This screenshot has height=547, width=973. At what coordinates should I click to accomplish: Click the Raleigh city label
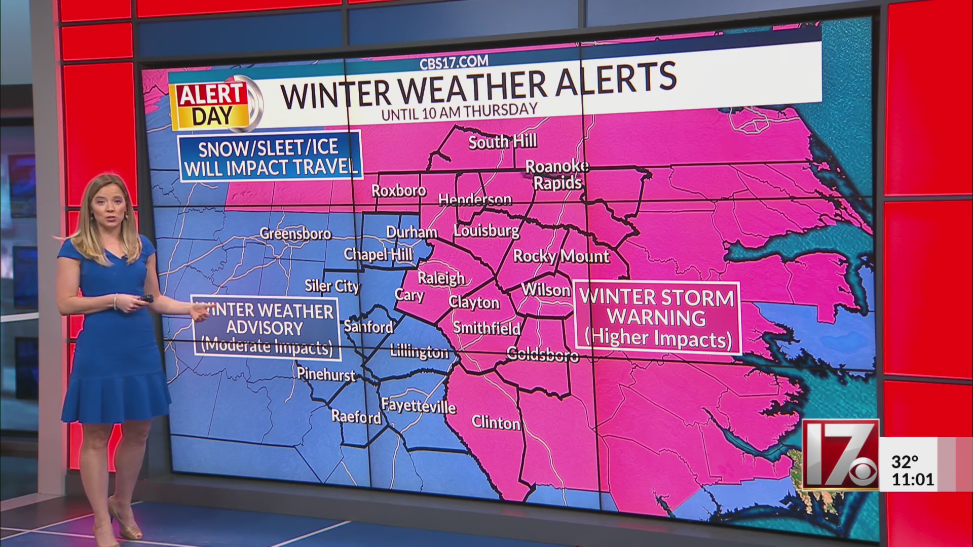(x=441, y=278)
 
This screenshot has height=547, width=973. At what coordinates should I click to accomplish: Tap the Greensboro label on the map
(x=295, y=233)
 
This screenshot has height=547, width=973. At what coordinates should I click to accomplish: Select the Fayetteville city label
(x=419, y=406)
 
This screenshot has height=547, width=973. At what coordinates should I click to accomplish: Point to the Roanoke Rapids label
(x=557, y=175)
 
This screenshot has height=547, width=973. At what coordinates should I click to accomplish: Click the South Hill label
(x=502, y=142)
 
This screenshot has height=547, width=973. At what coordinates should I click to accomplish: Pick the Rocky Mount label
(x=561, y=256)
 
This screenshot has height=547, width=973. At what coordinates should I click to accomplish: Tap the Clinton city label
(x=496, y=422)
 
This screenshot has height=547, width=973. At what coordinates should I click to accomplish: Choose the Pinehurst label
(x=326, y=374)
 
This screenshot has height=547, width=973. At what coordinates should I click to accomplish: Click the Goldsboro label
(x=543, y=354)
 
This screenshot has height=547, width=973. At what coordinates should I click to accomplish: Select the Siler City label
(x=332, y=286)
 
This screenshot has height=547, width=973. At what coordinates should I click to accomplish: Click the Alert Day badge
(x=212, y=105)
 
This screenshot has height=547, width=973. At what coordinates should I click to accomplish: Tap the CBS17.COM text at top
(x=454, y=63)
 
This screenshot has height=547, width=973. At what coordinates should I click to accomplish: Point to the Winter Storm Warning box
(x=657, y=317)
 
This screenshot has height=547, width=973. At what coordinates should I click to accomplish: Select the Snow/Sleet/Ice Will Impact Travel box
(x=271, y=157)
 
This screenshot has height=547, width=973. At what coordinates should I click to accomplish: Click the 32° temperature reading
(x=905, y=462)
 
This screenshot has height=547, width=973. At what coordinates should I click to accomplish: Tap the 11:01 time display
(x=912, y=479)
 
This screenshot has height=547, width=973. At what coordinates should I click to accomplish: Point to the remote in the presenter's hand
(x=146, y=298)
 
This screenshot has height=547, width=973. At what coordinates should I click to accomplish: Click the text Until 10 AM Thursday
(x=459, y=111)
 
